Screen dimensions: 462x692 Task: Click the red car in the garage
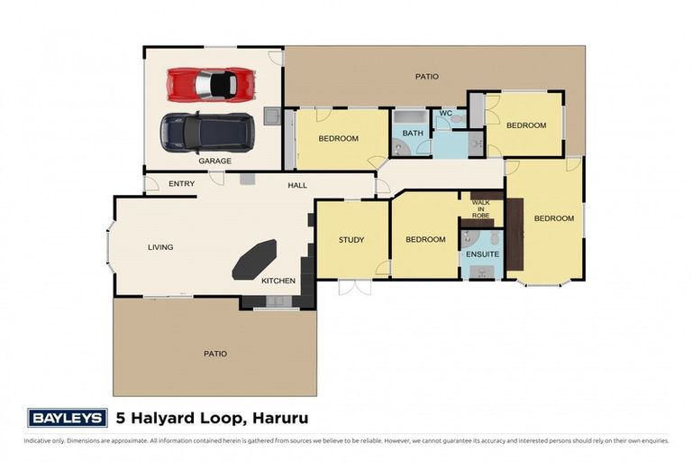pos(214,85)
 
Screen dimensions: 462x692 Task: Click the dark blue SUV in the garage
pos(207,133)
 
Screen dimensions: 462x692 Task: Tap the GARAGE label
pos(214,161)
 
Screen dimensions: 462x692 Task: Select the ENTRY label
pos(181,184)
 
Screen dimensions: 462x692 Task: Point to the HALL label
pos(297,185)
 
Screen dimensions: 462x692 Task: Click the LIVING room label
pos(160,246)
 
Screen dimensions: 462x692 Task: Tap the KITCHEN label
pos(278,281)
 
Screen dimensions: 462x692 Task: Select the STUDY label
pos(351,239)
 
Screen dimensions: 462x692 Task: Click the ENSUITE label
pos(482,254)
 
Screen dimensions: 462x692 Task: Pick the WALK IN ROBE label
pos(481,210)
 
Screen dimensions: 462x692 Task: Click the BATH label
pos(412,134)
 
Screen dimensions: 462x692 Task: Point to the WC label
pos(444,114)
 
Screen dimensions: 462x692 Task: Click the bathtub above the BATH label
pos(412,118)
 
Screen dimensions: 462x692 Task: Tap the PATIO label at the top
pos(426,77)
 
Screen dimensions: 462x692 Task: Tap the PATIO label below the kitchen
pos(214,353)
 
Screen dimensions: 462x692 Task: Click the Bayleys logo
pos(67,418)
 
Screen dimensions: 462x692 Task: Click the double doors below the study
pos(353,287)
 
